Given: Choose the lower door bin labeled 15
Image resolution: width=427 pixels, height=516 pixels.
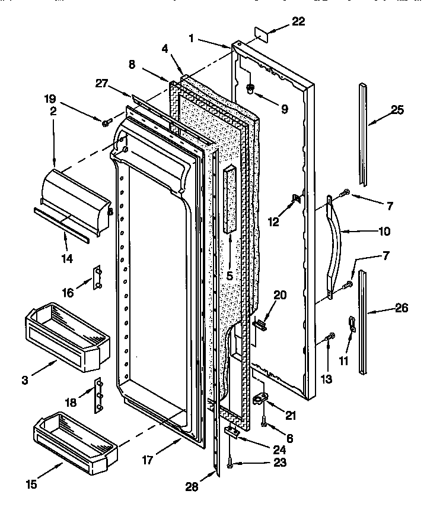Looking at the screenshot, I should pos(74,442).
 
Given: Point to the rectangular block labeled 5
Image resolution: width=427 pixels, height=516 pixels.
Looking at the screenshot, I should pos(230,199).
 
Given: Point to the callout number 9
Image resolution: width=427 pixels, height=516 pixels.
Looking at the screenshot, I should pos(283,109).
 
